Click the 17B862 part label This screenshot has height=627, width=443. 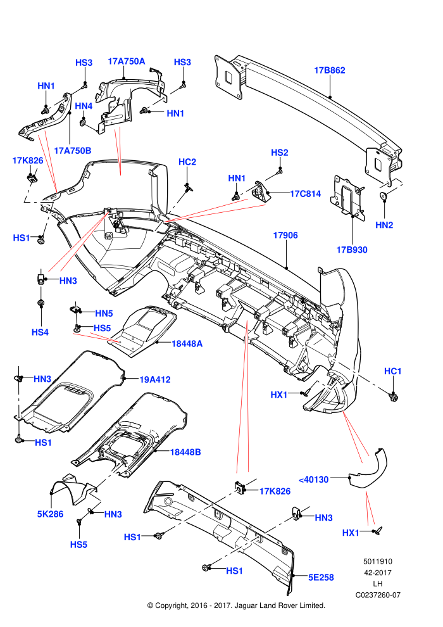click(330, 70)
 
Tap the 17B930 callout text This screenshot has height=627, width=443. click(352, 250)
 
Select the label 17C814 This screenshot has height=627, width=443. click(306, 194)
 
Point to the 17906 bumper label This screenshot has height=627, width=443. click(285, 235)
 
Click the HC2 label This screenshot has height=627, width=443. click(187, 162)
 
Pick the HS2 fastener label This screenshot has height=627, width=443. click(280, 153)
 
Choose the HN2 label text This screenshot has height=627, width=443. click(384, 225)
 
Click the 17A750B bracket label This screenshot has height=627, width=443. click(73, 151)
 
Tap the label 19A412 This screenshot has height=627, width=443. click(155, 379)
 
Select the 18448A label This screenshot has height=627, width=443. click(187, 343)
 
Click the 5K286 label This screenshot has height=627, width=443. click(51, 514)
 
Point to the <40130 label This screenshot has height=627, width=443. click(313, 479)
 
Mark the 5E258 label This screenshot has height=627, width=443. click(321, 578)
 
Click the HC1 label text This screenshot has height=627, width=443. click(392, 372)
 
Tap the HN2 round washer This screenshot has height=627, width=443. click(383, 196)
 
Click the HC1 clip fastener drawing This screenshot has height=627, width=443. click(394, 396)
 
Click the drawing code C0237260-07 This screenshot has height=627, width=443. click(378, 595)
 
